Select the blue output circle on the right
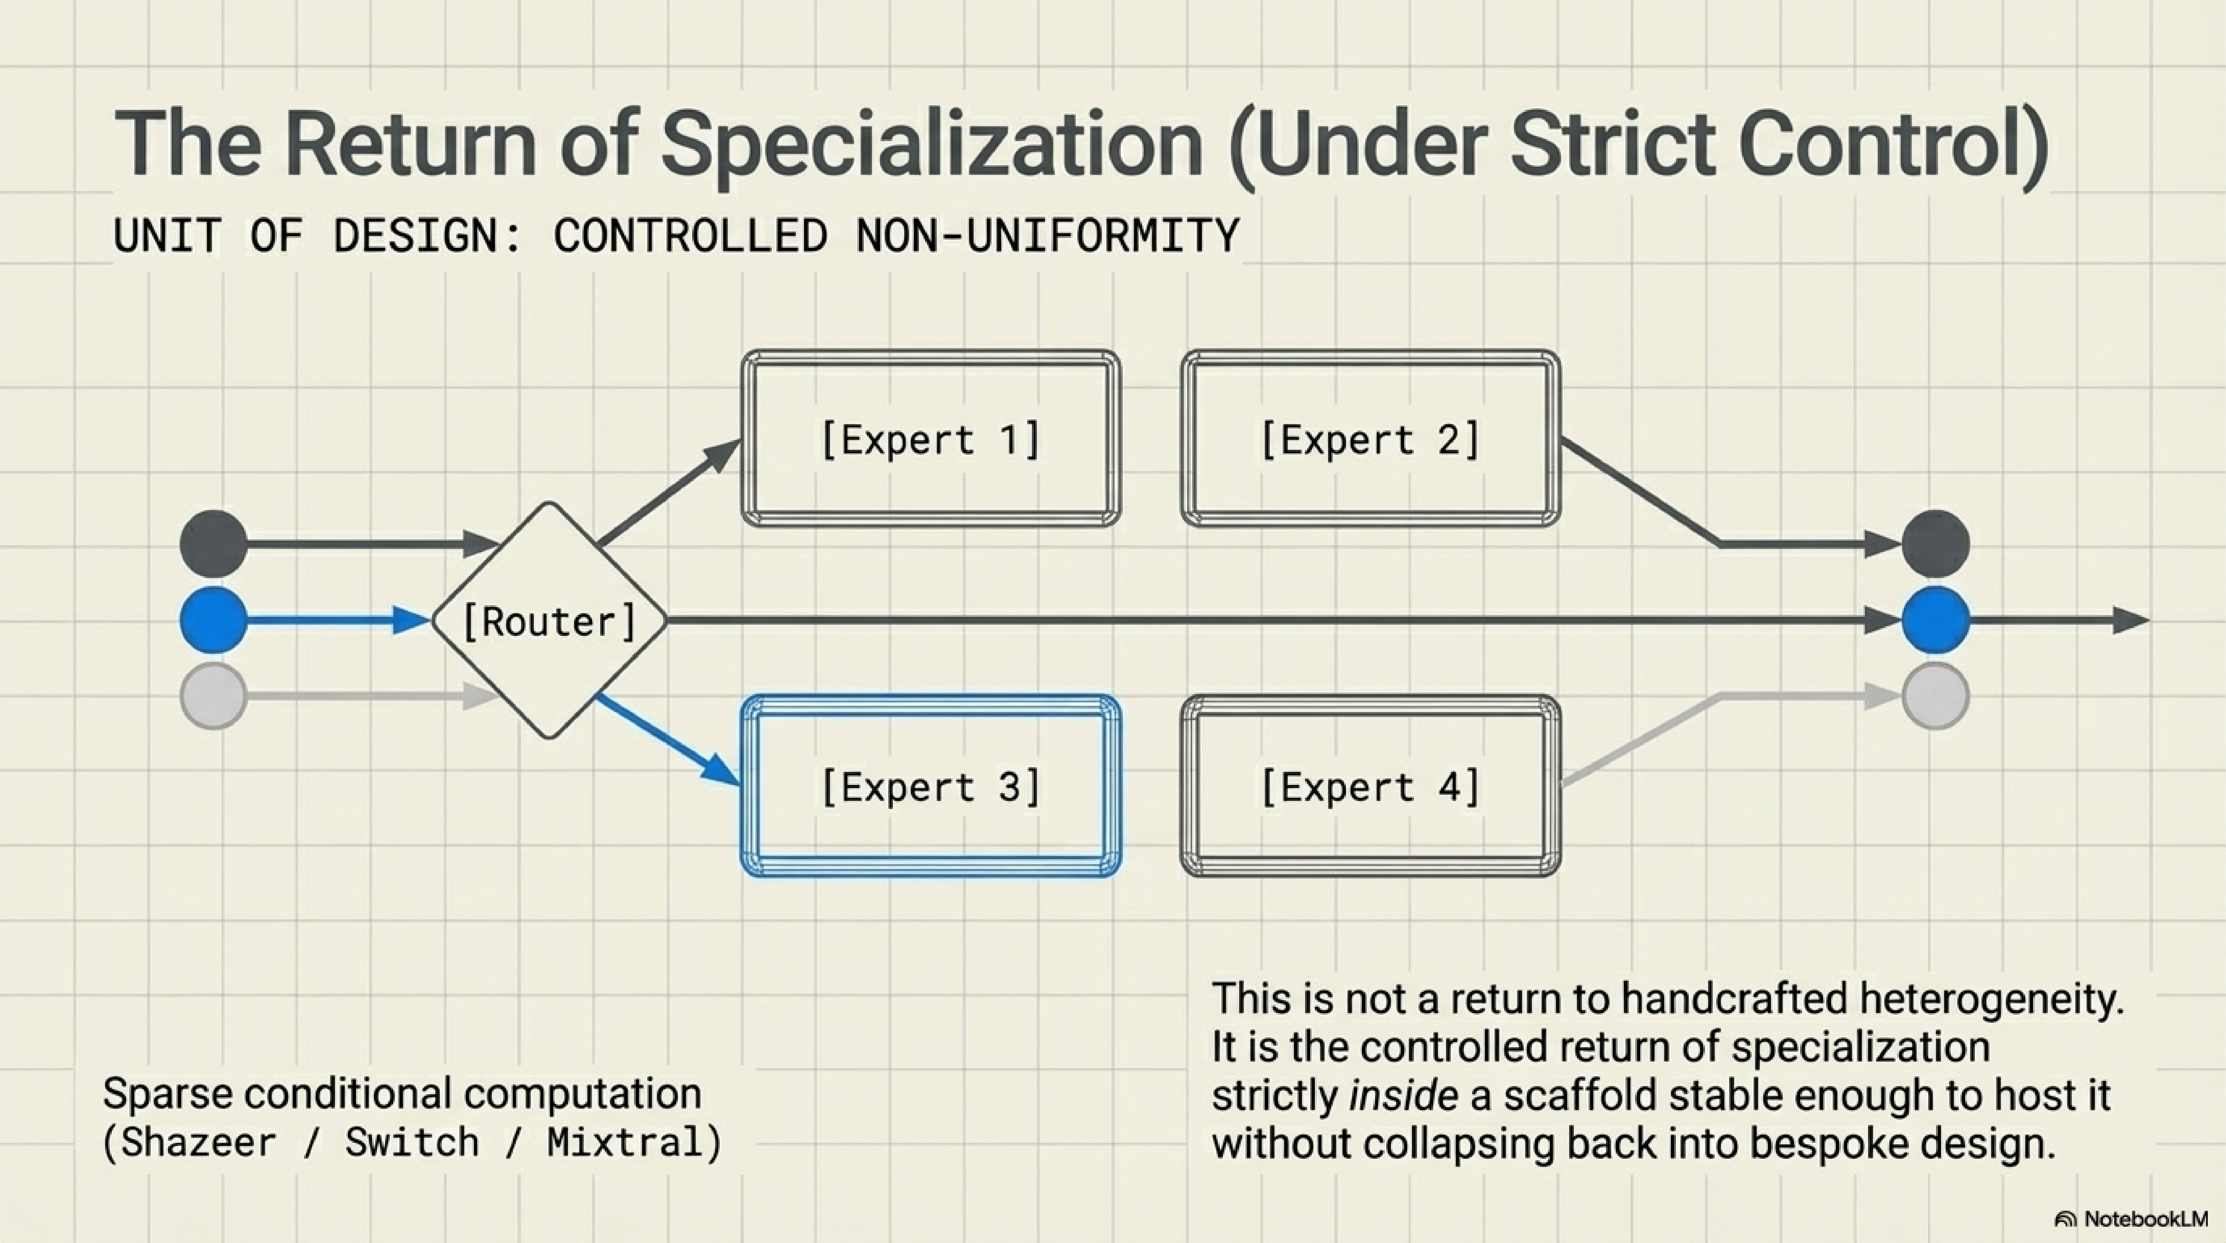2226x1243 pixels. click(x=1936, y=620)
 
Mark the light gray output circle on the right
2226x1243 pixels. click(x=1936, y=696)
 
